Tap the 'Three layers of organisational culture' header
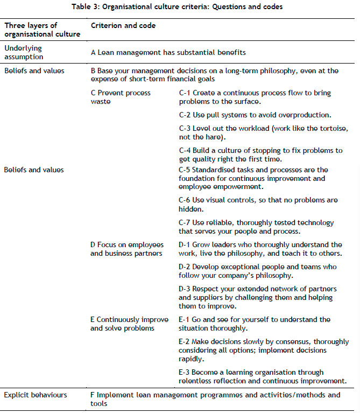click(42, 30)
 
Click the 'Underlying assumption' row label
click(24, 52)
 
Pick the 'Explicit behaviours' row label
click(36, 395)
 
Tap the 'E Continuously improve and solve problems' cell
click(129, 324)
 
